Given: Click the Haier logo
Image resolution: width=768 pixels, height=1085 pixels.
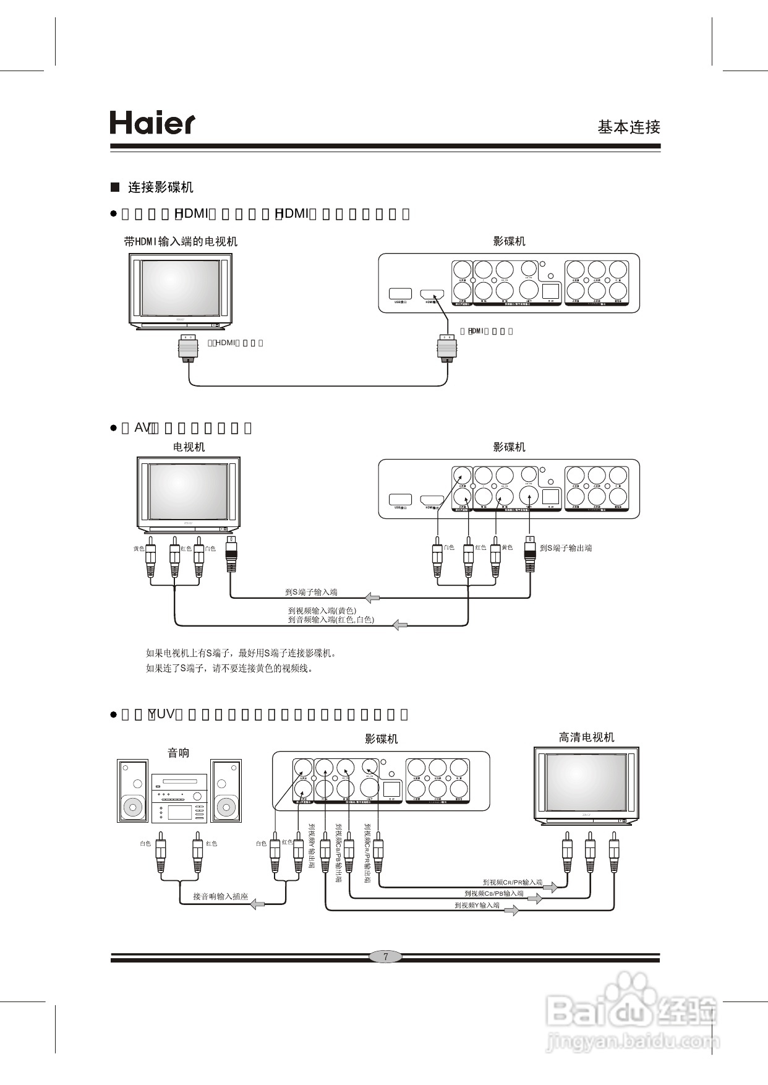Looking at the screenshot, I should (152, 123).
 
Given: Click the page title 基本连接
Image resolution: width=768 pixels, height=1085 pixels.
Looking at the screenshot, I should (628, 127).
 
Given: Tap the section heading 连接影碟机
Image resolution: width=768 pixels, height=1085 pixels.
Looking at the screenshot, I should (160, 187).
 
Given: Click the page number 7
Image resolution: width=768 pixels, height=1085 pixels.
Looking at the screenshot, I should (386, 957).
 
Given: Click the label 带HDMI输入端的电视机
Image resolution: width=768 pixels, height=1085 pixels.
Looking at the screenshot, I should (181, 242).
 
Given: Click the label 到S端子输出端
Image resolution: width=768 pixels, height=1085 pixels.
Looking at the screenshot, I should (565, 548).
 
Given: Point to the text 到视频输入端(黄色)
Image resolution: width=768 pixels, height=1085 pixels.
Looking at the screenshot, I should (322, 611).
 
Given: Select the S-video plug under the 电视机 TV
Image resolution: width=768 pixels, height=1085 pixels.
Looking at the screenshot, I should (231, 555).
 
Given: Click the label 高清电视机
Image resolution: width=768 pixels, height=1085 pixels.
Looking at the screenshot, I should (586, 737).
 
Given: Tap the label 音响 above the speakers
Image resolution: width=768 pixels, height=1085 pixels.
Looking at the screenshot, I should (179, 753).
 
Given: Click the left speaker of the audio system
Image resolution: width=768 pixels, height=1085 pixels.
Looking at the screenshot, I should (133, 791).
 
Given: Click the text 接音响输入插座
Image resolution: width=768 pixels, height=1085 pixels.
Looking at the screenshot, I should (220, 896).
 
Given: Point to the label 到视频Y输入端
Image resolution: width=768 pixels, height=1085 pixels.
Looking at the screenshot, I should (477, 906).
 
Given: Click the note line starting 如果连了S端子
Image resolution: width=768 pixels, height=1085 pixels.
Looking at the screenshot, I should (229, 669).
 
